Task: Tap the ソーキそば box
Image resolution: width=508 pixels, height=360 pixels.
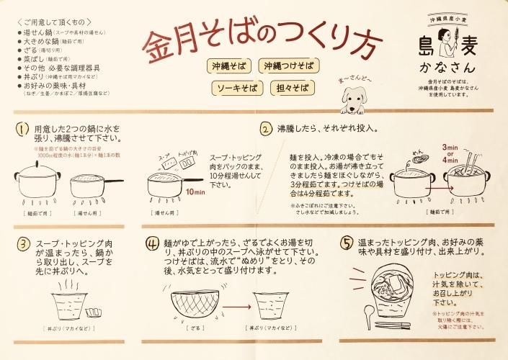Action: click(x=235, y=89)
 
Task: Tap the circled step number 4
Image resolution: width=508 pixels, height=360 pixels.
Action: click(x=152, y=243)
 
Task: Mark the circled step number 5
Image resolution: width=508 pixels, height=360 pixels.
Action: click(x=346, y=243)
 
